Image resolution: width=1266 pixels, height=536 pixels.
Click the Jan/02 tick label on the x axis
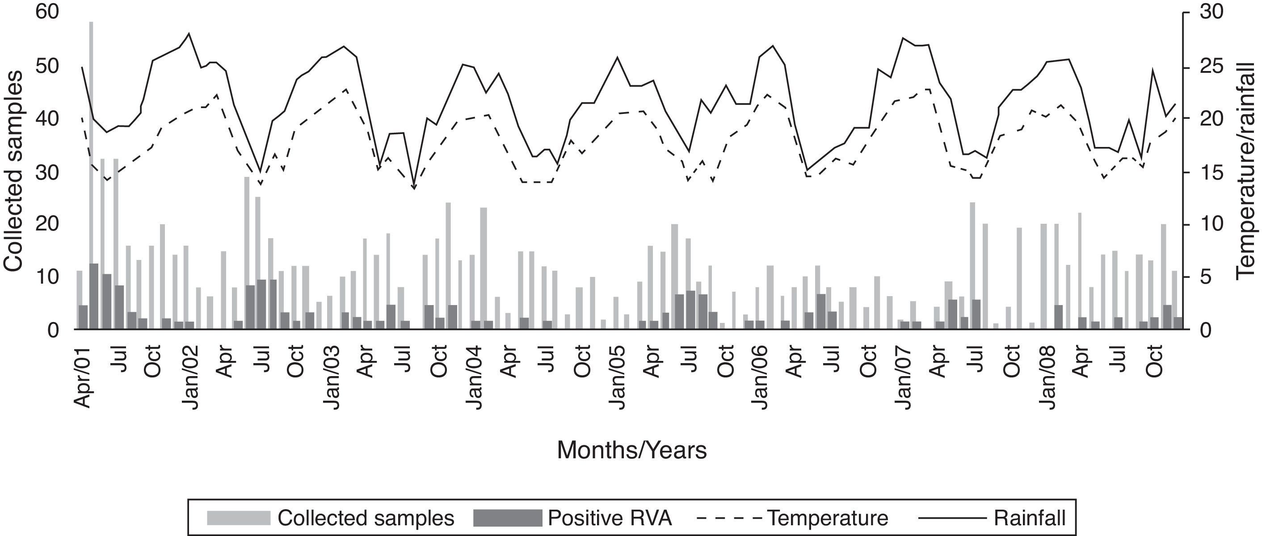click(190, 378)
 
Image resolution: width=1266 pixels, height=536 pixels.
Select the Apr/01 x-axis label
click(84, 378)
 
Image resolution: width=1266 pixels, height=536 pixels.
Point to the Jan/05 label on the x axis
click(618, 378)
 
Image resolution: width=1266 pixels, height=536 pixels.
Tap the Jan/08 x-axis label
click(1047, 378)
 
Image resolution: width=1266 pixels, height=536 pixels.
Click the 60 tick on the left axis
click(48, 12)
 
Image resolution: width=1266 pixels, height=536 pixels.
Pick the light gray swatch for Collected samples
click(238, 518)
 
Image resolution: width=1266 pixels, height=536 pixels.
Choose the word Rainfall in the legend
click(1029, 518)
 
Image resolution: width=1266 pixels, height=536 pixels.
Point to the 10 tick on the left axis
click(48, 277)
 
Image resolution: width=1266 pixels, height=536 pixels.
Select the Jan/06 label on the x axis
click(760, 378)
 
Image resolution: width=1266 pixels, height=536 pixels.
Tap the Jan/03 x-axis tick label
click(333, 378)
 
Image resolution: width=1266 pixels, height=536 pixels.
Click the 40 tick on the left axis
click(48, 119)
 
